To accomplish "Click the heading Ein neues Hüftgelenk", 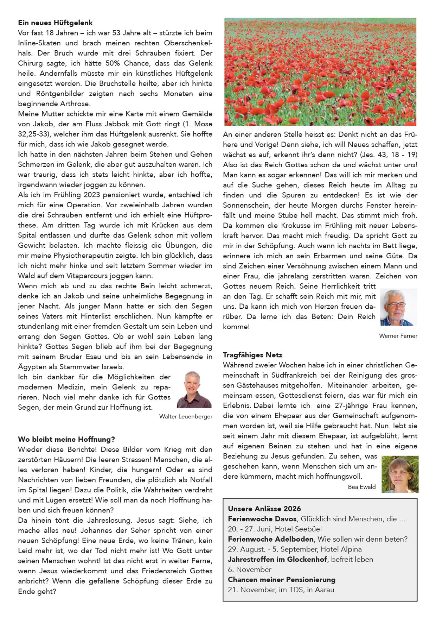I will click(55, 23).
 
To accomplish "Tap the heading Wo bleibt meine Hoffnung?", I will click(66, 439).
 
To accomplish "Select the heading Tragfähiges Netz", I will click(252, 355).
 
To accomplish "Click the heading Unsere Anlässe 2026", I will click(264, 509).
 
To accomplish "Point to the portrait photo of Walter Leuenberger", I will click(194, 390).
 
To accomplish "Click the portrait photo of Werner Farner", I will click(398, 307).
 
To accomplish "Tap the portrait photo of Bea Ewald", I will click(400, 474).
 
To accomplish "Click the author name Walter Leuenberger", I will click(186, 416).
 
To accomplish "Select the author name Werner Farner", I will click(398, 336).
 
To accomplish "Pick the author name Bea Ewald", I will click(361, 487).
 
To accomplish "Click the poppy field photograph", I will click(320, 72).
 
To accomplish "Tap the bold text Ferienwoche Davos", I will click(262, 519).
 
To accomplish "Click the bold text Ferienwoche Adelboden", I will click(270, 539).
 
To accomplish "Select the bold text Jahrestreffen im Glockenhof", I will click(277, 559).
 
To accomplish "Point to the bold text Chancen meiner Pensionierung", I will click(281, 579).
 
